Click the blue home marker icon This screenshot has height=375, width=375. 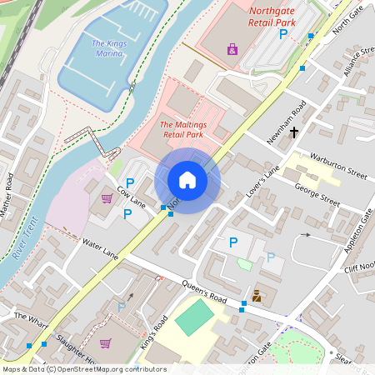[x=187, y=180]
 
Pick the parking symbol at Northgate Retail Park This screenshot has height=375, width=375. [x=283, y=34]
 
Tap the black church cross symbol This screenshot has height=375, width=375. [x=294, y=131]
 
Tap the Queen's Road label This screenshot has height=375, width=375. [x=204, y=292]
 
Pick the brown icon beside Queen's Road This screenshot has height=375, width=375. [x=257, y=296]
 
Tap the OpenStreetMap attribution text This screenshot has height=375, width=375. [x=83, y=369]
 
